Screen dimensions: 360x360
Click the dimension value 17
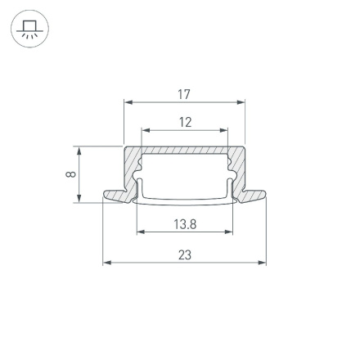coord(184,95)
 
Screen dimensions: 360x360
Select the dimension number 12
coord(185,122)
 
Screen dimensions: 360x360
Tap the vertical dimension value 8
coord(71,173)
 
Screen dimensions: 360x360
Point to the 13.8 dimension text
coord(185,223)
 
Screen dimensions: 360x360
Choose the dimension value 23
coord(185,255)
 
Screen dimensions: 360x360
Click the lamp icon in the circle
coord(29,30)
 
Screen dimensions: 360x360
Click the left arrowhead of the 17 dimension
coord(128,103)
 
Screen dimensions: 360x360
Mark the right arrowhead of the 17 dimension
coord(241,103)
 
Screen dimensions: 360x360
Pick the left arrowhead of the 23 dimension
coord(106,263)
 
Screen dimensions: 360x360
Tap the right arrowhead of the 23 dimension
coord(263,263)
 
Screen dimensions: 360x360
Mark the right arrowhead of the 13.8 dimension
coord(230,232)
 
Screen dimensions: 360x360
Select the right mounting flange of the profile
coord(253,196)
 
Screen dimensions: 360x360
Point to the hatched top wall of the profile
coord(185,151)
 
